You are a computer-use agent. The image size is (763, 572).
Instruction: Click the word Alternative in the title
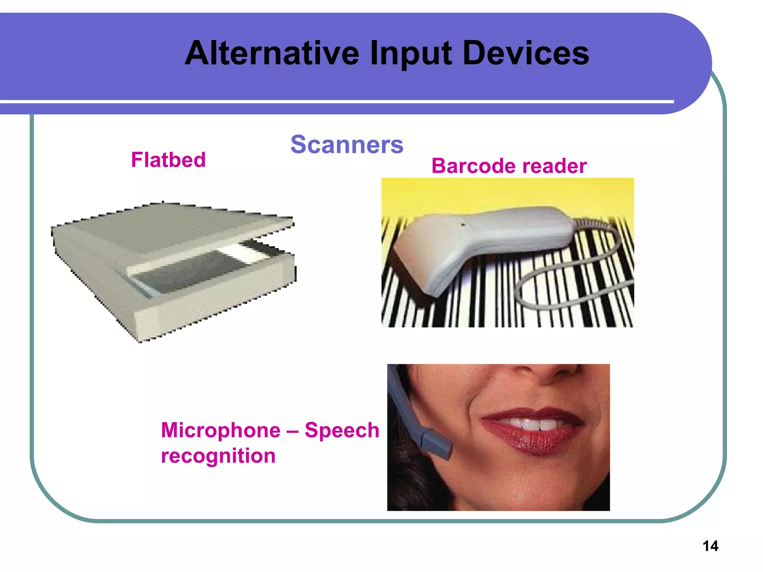pyautogui.click(x=272, y=53)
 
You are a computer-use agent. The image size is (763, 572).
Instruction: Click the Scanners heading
pyautogui.click(x=346, y=144)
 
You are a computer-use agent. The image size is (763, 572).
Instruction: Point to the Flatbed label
pyautogui.click(x=168, y=160)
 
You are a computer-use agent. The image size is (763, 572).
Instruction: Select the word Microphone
pyautogui.click(x=221, y=430)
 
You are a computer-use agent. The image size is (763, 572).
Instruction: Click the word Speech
pyautogui.click(x=342, y=430)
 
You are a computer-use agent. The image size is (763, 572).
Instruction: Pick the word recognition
pyautogui.click(x=218, y=456)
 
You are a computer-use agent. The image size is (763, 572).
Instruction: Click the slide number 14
pyautogui.click(x=710, y=546)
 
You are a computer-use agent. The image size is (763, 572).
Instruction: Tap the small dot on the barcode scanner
pyautogui.click(x=463, y=225)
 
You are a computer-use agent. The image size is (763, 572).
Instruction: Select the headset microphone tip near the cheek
pyautogui.click(x=440, y=447)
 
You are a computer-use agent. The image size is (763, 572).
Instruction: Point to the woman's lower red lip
pyautogui.click(x=533, y=441)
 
